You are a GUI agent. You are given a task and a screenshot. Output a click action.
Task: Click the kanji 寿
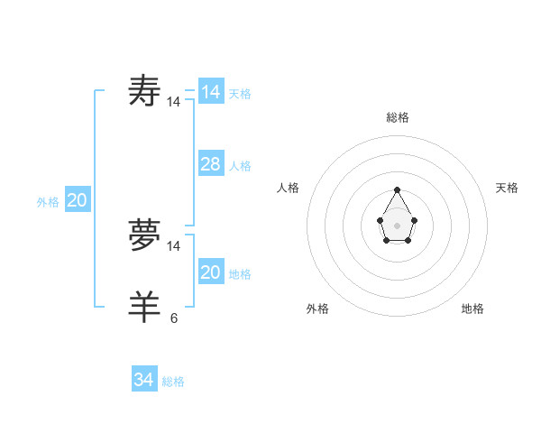click(x=145, y=91)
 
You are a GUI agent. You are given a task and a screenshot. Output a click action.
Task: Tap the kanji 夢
click(x=145, y=235)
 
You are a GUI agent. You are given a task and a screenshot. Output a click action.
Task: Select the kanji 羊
click(x=145, y=308)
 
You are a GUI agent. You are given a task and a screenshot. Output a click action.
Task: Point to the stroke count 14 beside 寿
click(x=174, y=102)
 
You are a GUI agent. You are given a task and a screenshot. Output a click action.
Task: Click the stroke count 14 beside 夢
click(x=174, y=246)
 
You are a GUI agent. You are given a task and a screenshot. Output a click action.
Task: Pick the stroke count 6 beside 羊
click(x=174, y=318)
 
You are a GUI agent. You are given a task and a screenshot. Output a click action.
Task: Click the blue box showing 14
click(x=211, y=91)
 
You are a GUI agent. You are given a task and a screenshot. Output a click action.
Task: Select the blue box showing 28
click(x=211, y=163)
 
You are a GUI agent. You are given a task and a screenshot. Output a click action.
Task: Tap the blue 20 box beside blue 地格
click(x=211, y=272)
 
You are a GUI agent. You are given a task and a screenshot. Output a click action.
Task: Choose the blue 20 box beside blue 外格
click(x=77, y=200)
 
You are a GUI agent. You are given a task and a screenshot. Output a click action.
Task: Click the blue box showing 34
click(x=143, y=380)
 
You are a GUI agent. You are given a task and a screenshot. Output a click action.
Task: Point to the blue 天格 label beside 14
click(x=240, y=93)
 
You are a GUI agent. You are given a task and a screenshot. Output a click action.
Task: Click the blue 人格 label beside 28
click(x=240, y=166)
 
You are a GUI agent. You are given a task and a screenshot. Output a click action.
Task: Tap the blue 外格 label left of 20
click(x=48, y=202)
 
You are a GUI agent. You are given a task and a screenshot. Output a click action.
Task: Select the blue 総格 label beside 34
click(x=173, y=382)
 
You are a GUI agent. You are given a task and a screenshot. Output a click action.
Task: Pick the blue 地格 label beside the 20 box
click(x=240, y=274)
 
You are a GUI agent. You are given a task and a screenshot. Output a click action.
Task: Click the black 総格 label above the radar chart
click(x=398, y=117)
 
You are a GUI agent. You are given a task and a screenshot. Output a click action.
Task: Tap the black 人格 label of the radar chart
click(x=289, y=188)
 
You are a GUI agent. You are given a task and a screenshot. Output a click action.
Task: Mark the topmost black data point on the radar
click(x=397, y=189)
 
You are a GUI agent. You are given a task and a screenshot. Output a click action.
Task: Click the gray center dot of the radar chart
click(x=397, y=225)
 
